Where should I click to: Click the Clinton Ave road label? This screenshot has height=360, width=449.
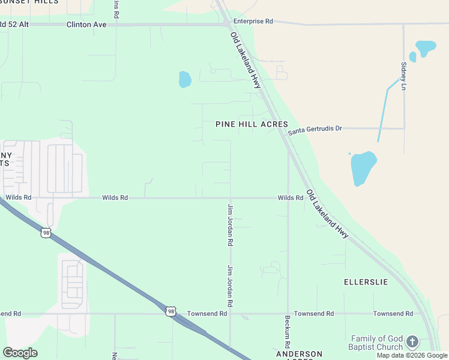[86, 25]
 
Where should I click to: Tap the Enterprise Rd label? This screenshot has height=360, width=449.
[253, 21]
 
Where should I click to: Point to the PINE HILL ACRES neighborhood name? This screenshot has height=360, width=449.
[252, 124]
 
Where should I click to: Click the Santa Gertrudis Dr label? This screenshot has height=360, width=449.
[315, 129]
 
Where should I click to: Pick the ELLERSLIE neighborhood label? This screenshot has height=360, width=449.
[366, 281]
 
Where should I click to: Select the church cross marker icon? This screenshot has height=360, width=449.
[412, 342]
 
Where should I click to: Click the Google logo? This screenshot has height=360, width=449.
[20, 353]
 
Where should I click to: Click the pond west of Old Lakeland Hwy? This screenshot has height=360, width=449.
[185, 79]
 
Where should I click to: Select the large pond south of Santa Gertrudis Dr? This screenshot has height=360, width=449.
[363, 167]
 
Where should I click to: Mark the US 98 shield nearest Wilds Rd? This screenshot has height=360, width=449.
[46, 232]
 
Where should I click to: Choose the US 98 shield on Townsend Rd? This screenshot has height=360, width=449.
[172, 311]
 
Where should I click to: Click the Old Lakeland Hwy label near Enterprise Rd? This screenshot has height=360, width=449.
[246, 61]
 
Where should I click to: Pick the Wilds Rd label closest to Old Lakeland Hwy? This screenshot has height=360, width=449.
[291, 197]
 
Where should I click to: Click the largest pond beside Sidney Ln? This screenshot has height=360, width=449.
[426, 47]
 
